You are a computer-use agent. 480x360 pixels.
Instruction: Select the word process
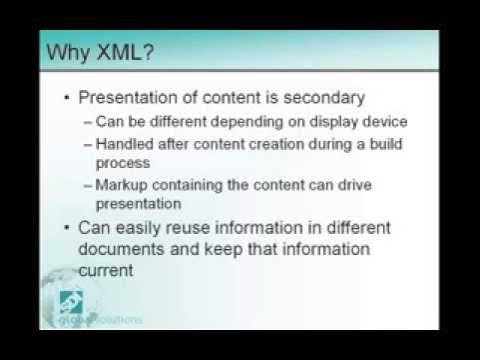tap(121, 162)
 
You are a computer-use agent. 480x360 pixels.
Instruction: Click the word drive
tap(359, 184)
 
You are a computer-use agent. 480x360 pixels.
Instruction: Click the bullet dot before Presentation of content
tap(67, 99)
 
